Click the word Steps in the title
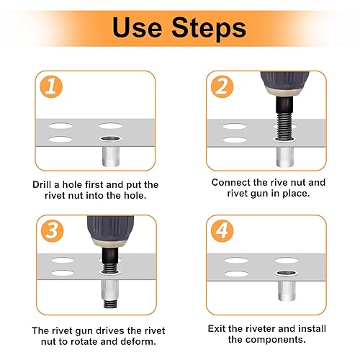tap(209, 29)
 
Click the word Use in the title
tap(137, 27)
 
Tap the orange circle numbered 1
tap(51, 86)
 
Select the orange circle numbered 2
tap(222, 86)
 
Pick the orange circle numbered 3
tap(53, 230)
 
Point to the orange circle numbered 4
tap(222, 230)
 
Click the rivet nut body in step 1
tap(111, 156)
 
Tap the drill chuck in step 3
tap(110, 231)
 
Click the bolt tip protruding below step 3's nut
tap(110, 303)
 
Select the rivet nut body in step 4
tap(287, 291)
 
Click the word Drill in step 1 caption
tap(42, 184)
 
